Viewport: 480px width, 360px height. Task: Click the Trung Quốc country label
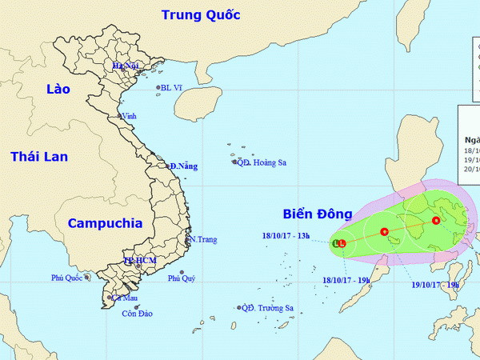(x=201, y=14)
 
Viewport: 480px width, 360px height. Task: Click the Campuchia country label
(x=104, y=223)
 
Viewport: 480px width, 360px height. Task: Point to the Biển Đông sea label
(x=317, y=214)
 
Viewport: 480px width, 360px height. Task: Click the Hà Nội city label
(x=126, y=66)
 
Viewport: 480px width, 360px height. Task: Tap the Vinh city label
(x=128, y=116)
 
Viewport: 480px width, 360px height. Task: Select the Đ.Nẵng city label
(x=183, y=166)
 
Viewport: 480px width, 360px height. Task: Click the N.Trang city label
(x=202, y=239)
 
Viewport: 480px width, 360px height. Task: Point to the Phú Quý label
(x=182, y=278)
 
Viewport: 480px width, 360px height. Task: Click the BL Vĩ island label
(x=172, y=88)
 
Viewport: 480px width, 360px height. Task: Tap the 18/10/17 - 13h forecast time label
(x=286, y=235)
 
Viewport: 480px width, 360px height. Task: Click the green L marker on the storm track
(x=335, y=242)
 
